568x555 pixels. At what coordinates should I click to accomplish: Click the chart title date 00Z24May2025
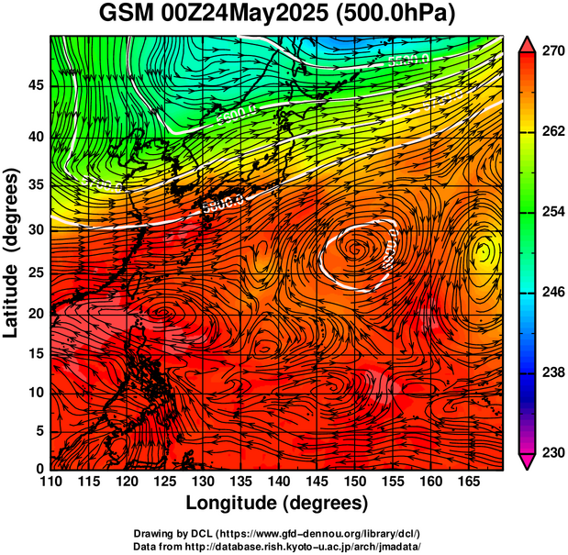click(239, 14)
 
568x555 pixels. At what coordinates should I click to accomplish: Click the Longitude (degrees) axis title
click(277, 504)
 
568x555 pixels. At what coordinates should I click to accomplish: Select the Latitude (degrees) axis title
click(13, 252)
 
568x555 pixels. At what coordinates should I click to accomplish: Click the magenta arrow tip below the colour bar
click(528, 463)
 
